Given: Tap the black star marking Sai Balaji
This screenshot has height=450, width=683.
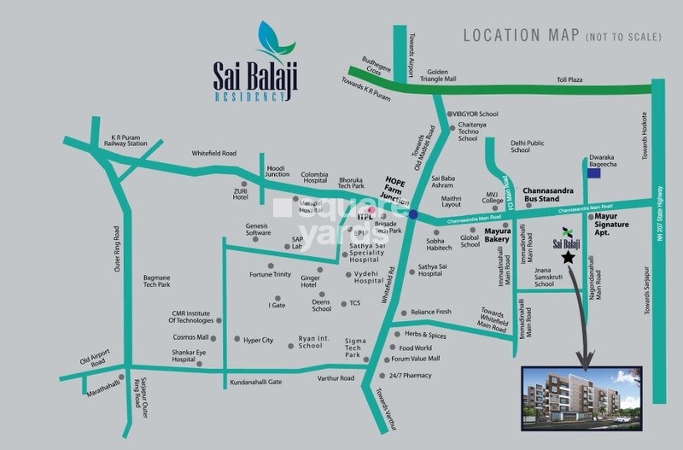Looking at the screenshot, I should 567,256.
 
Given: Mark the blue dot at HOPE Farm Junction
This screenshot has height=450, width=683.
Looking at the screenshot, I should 413,215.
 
